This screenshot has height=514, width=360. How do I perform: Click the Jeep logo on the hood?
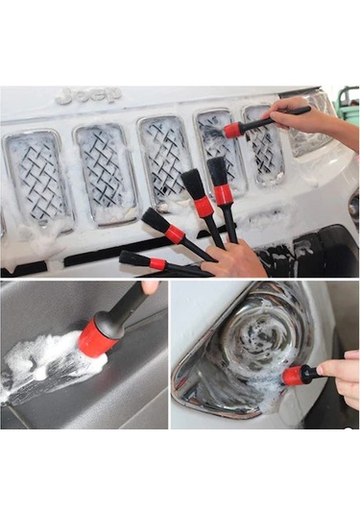coord(88,96)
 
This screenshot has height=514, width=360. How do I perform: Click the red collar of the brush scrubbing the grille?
coord(232,129)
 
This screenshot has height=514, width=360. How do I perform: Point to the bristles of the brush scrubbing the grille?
coord(210,134)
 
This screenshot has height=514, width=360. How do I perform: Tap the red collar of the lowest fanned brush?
coord(157,263)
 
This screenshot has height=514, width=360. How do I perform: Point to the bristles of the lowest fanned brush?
coord(132,257)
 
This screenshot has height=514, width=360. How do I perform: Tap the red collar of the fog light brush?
coord(293,376)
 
